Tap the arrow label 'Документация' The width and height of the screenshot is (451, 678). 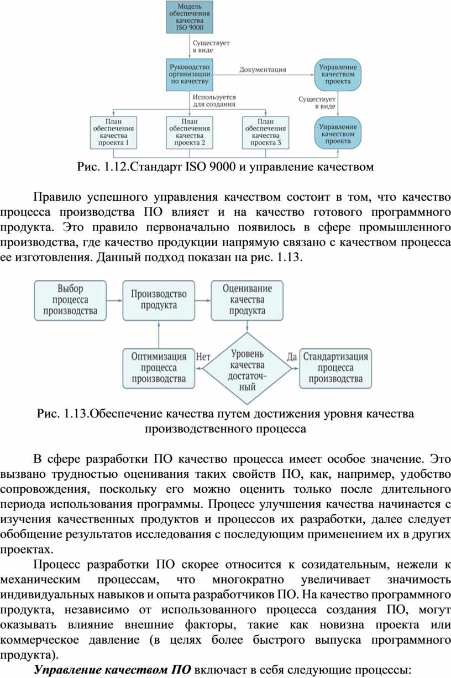click(x=263, y=70)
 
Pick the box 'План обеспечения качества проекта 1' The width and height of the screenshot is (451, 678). click(x=113, y=132)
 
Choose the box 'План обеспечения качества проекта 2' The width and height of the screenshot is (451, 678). click(x=190, y=132)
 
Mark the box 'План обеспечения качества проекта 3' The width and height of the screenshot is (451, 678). click(x=265, y=132)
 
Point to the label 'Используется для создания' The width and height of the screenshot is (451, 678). click(x=214, y=100)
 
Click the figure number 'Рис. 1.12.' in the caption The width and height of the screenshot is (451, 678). click(x=103, y=166)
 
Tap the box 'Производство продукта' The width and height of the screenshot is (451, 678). click(x=159, y=300)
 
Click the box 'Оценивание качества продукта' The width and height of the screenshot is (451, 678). click(x=247, y=300)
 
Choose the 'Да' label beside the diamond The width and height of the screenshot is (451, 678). click(x=291, y=357)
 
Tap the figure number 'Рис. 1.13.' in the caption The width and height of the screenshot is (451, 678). click(x=62, y=414)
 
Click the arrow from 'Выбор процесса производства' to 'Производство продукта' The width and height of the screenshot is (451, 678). click(x=114, y=300)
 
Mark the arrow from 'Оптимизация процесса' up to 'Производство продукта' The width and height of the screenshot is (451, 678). click(x=159, y=335)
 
